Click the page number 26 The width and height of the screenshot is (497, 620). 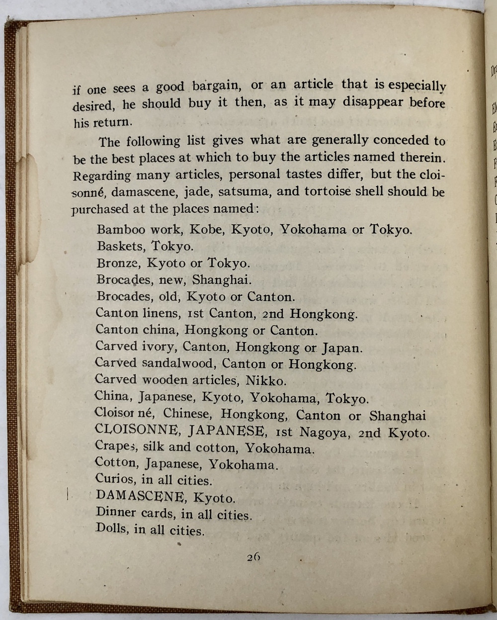pyautogui.click(x=253, y=557)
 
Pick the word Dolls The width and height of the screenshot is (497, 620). pyautogui.click(x=112, y=529)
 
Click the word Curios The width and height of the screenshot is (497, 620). pyautogui.click(x=114, y=479)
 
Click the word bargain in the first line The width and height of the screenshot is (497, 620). pyautogui.click(x=216, y=86)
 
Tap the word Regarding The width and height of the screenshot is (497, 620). pyautogui.click(x=102, y=176)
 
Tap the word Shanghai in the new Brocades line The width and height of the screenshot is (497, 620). pyautogui.click(x=222, y=279)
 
